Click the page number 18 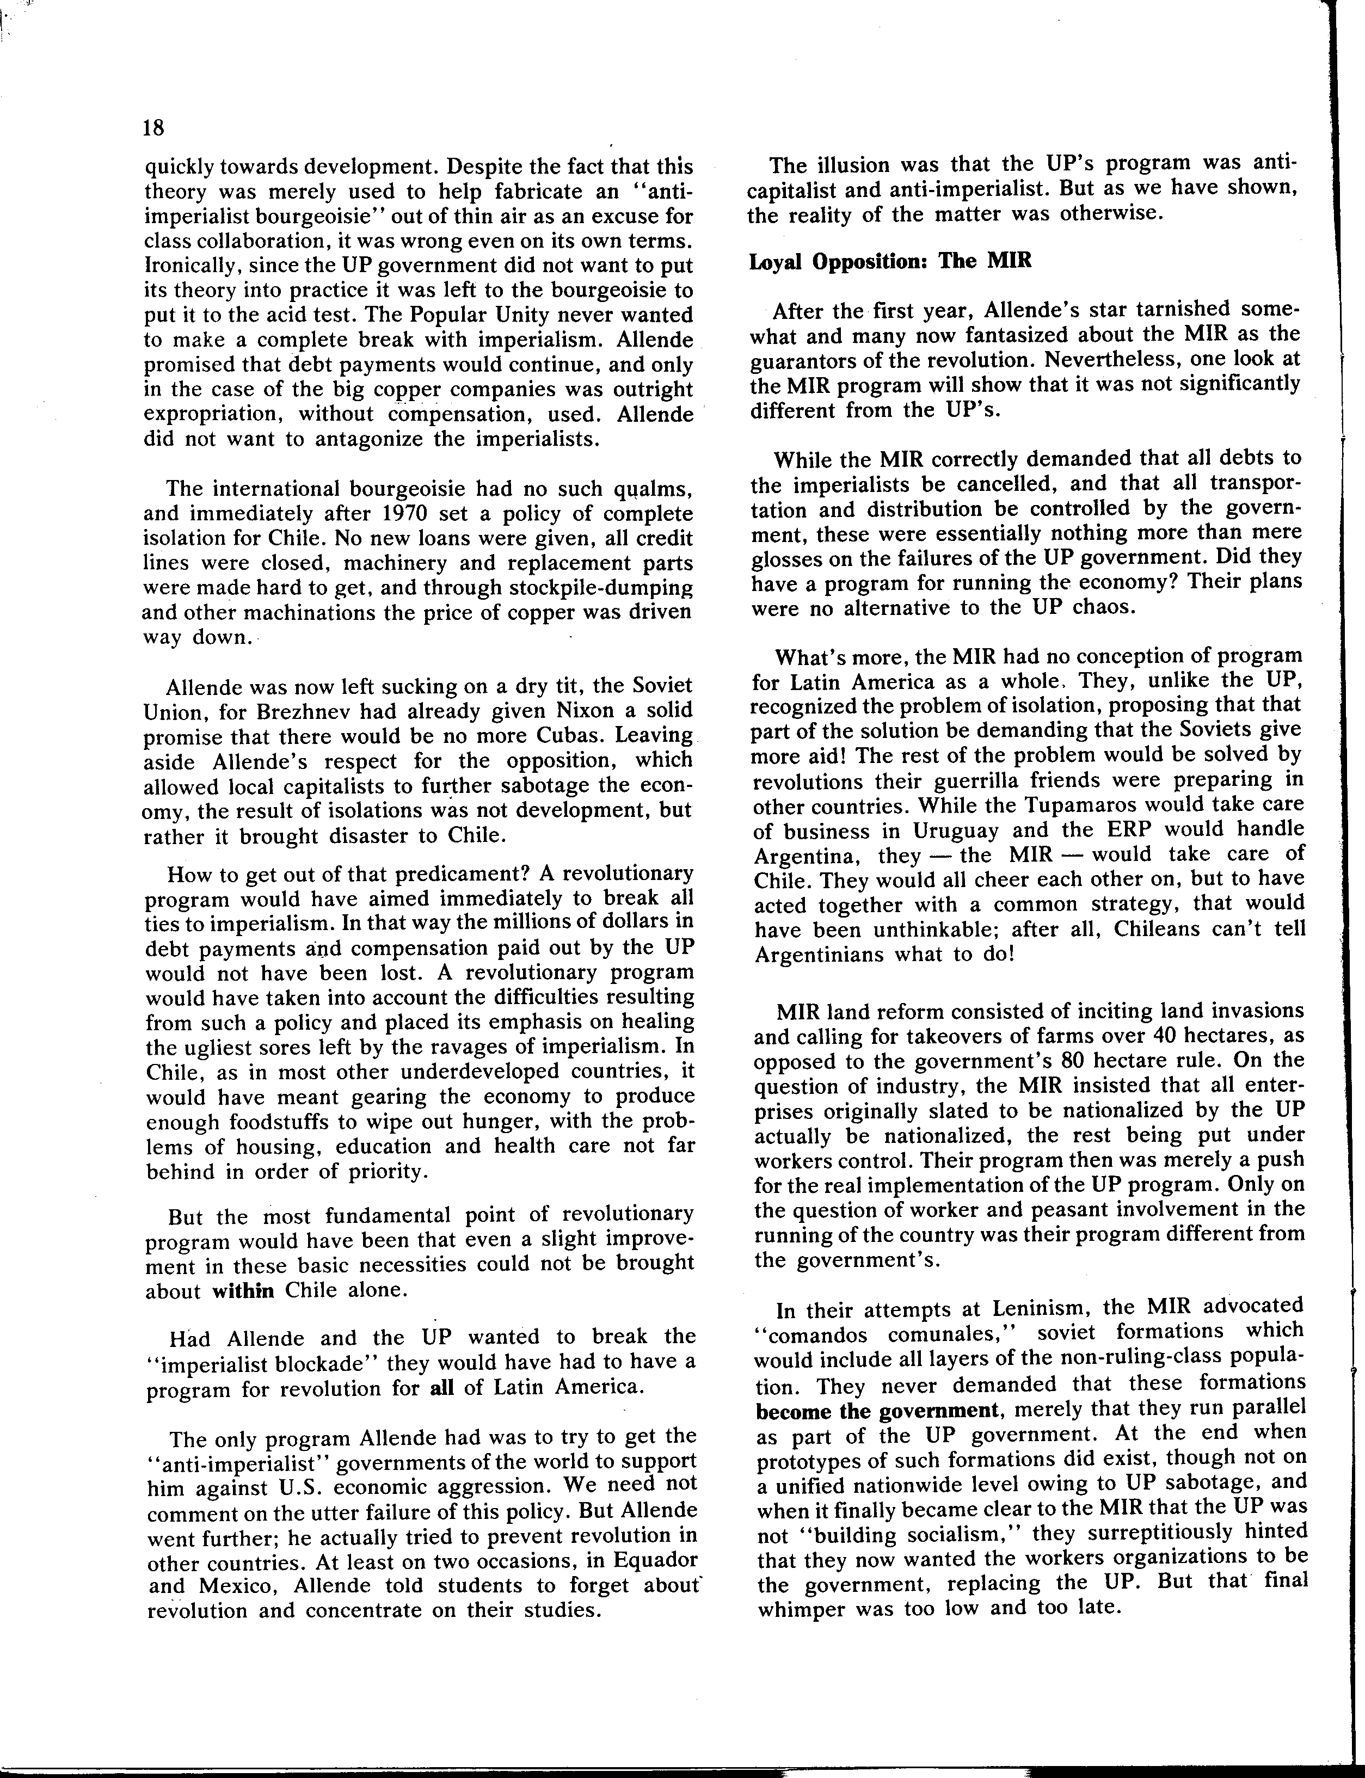pyautogui.click(x=153, y=127)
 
